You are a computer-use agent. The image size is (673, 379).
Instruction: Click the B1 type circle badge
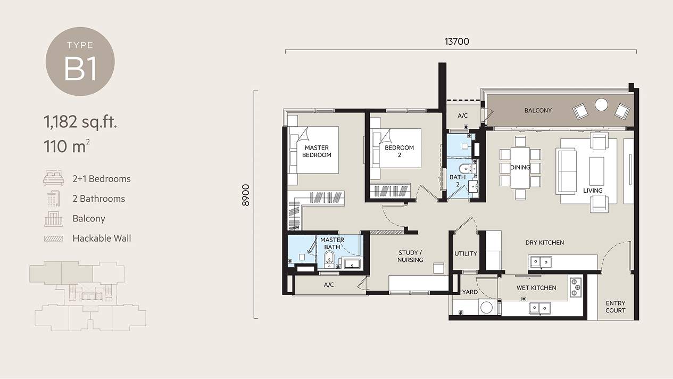80,62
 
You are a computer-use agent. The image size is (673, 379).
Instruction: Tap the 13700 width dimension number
456,42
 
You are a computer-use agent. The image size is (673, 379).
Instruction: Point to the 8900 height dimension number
246,195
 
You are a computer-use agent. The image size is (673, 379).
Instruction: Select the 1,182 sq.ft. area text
80,122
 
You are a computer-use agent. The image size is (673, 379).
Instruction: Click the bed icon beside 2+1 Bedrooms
54,178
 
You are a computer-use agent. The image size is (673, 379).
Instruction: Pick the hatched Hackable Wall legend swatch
54,238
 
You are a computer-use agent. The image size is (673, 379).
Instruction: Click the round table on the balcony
601,105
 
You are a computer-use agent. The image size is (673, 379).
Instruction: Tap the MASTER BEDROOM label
317,151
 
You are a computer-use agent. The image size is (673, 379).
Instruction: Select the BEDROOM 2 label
400,151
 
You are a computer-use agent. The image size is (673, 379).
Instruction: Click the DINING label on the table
520,167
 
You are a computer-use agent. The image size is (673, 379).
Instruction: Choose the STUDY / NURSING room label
410,256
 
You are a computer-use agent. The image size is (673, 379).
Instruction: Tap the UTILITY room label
466,254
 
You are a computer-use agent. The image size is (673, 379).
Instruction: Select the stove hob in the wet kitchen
575,287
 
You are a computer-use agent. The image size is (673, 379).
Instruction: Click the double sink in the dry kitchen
541,262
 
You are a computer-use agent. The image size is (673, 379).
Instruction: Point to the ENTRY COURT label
616,307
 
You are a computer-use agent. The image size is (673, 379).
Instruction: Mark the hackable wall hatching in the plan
387,232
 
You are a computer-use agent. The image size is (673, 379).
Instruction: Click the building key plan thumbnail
88,296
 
